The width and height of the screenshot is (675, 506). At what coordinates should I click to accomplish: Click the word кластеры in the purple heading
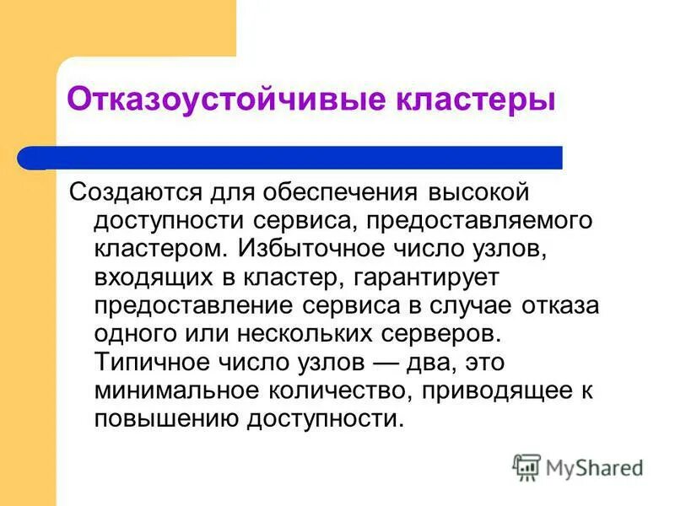pyautogui.click(x=476, y=100)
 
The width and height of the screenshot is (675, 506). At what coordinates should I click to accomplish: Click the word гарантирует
pyautogui.click(x=427, y=277)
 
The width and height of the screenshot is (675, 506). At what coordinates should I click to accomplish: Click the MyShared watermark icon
pyautogui.click(x=526, y=466)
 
